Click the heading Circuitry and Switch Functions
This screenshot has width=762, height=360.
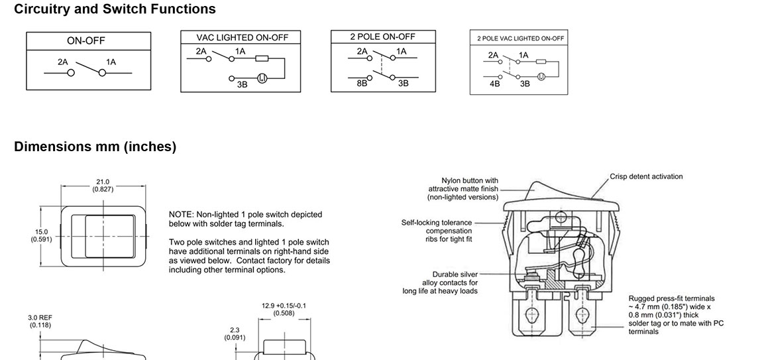(x=115, y=9)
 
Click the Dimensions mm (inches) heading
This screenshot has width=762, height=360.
(x=95, y=147)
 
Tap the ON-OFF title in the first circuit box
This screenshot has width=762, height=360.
(x=86, y=40)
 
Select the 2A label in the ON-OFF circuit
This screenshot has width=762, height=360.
(x=63, y=62)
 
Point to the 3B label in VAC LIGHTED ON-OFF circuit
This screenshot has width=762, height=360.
(x=242, y=85)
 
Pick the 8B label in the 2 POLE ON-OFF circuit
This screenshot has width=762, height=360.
(x=362, y=84)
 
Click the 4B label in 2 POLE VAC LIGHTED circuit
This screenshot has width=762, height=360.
(x=495, y=84)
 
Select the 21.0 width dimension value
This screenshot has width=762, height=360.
(x=103, y=182)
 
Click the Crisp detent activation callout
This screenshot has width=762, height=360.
(x=646, y=176)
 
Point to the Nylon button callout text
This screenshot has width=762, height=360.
(x=463, y=188)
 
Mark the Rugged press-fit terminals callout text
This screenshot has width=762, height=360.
(x=671, y=315)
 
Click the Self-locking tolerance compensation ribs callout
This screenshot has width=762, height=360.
(x=437, y=231)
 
